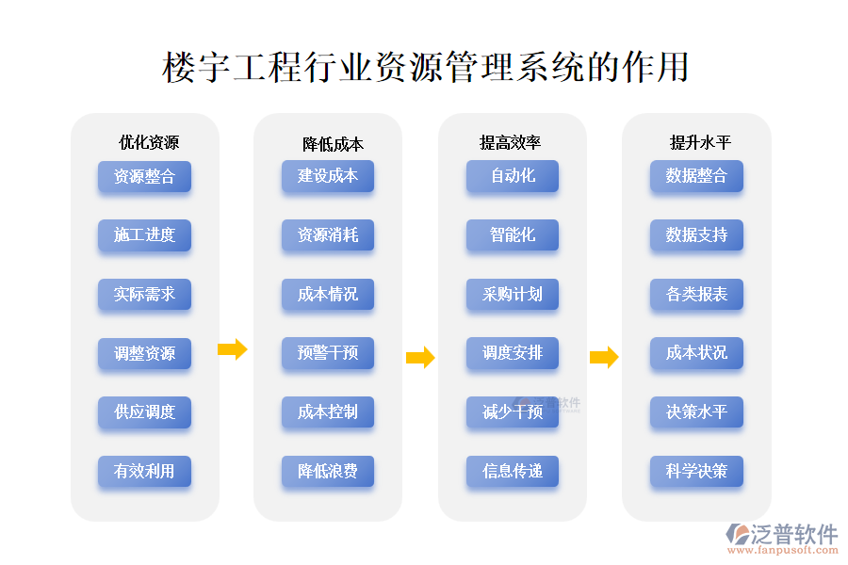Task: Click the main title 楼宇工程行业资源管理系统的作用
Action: (x=425, y=68)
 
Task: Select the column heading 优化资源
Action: (x=149, y=143)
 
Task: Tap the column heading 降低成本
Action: (x=333, y=144)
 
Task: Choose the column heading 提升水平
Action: (x=700, y=143)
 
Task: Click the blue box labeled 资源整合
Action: (x=144, y=176)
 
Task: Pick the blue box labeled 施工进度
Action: (x=144, y=234)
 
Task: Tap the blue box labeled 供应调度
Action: (x=144, y=412)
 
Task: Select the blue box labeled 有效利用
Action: (x=144, y=471)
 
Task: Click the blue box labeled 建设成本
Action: (x=328, y=176)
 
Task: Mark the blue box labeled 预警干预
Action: (x=328, y=353)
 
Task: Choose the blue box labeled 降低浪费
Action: (x=328, y=471)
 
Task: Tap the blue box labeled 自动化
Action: (x=513, y=176)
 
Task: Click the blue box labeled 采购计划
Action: (x=513, y=294)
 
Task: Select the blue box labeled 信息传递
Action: (x=513, y=471)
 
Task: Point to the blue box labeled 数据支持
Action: (x=696, y=234)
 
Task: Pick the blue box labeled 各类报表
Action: (x=696, y=294)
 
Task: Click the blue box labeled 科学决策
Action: (x=696, y=471)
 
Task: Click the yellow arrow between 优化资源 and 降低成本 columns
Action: (x=232, y=350)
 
